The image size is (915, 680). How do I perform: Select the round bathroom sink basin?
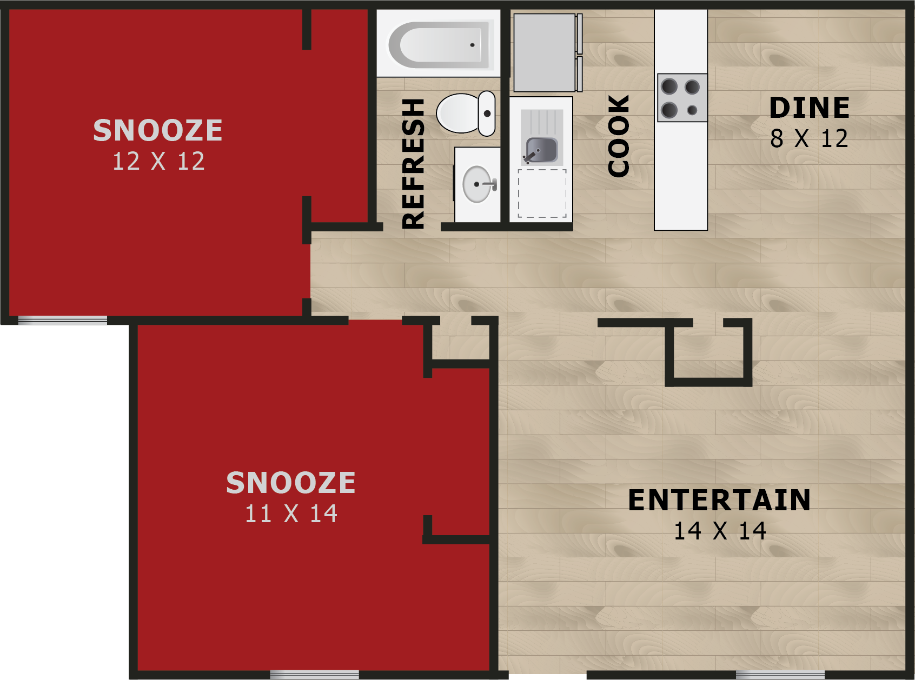click(477, 184)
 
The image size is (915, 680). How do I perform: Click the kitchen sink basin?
click(542, 150)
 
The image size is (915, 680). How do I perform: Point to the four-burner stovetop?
click(681, 98)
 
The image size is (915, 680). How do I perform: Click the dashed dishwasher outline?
click(542, 194)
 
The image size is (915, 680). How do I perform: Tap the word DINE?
click(810, 108)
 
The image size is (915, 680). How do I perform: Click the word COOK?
click(619, 136)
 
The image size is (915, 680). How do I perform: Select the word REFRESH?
click(414, 164)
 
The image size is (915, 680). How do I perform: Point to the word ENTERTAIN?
click(719, 500)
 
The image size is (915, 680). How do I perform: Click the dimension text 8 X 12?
click(809, 139)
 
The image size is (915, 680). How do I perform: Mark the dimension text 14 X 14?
click(720, 531)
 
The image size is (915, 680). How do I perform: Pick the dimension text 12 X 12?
click(158, 161)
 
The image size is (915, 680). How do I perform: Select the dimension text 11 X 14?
click(291, 514)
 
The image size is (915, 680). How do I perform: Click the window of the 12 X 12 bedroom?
click(63, 321)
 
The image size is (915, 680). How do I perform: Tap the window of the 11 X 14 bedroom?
click(314, 675)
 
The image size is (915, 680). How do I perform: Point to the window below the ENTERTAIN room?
click(780, 675)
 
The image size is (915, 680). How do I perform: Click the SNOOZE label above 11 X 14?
click(291, 483)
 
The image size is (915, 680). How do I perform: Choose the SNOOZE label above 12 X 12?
click(158, 130)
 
